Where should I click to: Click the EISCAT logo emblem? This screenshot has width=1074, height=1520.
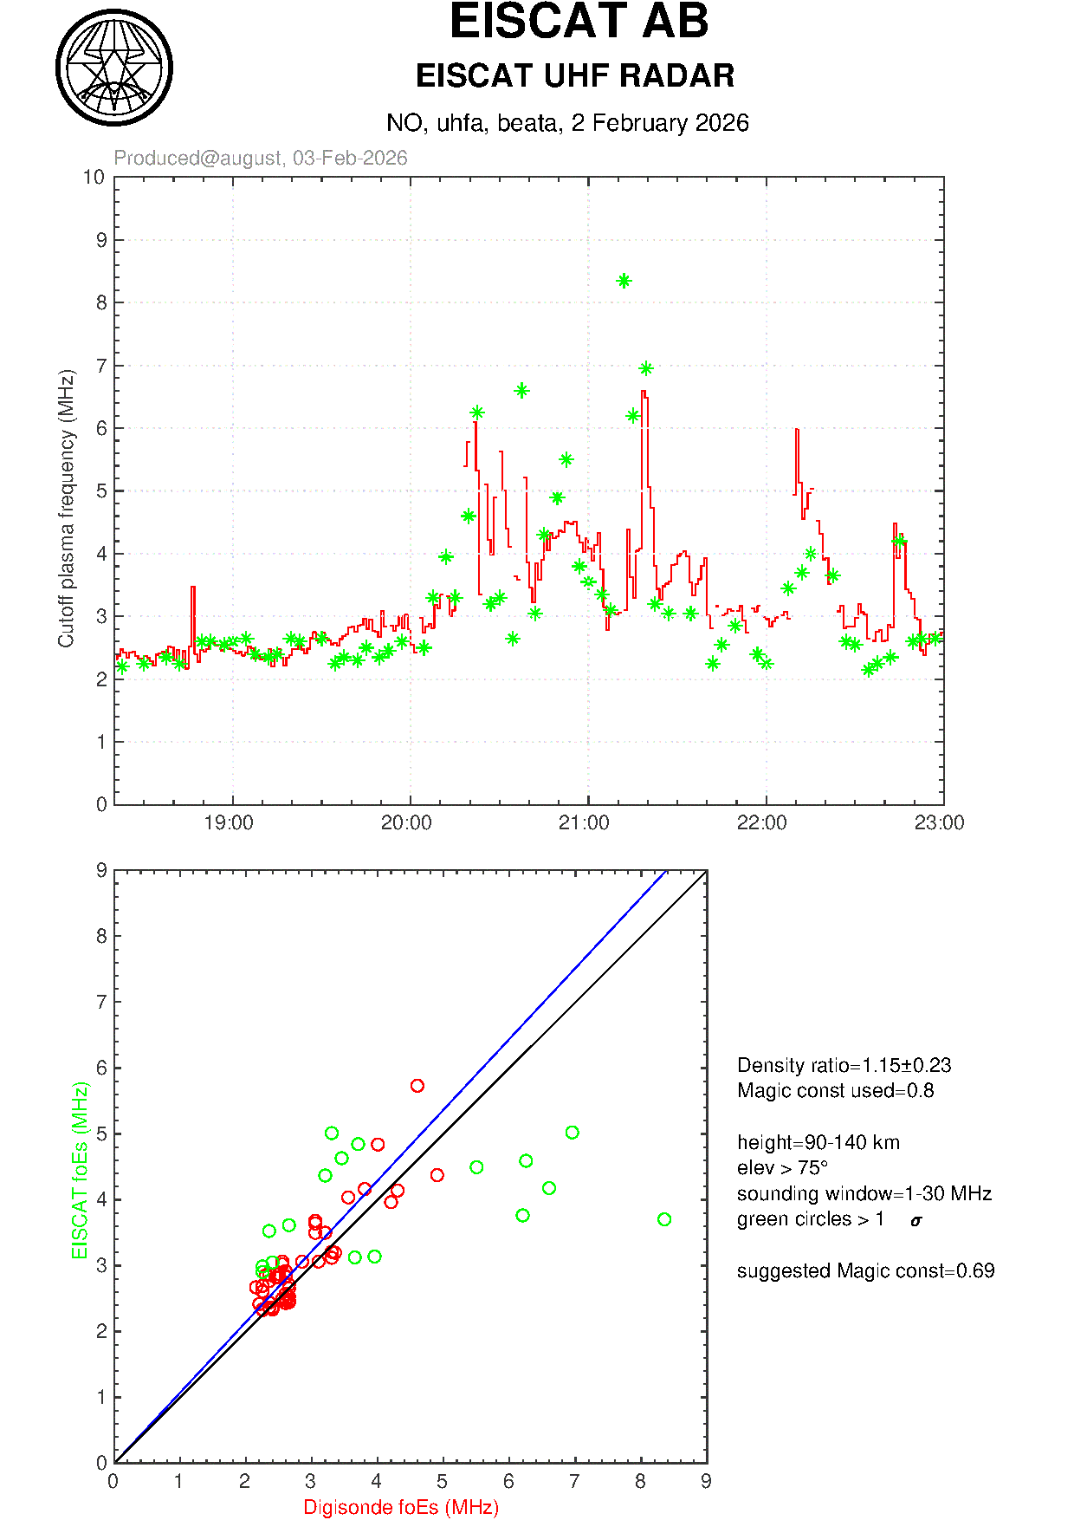click(x=114, y=68)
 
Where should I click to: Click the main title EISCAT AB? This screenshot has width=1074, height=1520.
click(x=579, y=23)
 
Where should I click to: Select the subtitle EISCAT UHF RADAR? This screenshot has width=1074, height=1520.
click(x=575, y=76)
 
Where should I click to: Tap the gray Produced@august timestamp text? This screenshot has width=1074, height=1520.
click(x=261, y=158)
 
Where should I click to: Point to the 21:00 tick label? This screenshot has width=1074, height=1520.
click(x=585, y=823)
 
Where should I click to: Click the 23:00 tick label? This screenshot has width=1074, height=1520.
click(x=939, y=823)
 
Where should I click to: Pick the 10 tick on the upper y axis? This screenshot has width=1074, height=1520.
click(x=94, y=178)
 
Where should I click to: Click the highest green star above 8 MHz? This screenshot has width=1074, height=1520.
click(x=624, y=281)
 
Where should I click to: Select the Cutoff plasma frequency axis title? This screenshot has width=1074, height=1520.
click(x=67, y=508)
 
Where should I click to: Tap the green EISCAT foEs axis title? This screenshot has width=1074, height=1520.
click(x=81, y=1170)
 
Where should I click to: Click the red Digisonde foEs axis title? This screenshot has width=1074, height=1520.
click(x=401, y=1508)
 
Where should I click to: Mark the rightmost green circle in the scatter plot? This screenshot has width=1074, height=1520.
click(x=664, y=1219)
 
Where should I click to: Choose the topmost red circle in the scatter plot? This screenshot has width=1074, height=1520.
click(x=417, y=1086)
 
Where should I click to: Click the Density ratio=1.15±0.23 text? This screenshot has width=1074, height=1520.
click(x=844, y=1065)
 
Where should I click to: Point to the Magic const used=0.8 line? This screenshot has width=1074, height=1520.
click(x=835, y=1090)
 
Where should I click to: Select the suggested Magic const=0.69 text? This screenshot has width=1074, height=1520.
click(x=865, y=1270)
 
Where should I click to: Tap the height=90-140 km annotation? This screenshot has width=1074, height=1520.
click(x=818, y=1142)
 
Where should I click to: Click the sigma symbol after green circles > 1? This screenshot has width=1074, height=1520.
click(x=916, y=1221)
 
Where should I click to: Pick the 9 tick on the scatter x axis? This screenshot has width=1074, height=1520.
click(x=706, y=1482)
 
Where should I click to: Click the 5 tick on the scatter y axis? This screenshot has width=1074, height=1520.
click(x=101, y=1134)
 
